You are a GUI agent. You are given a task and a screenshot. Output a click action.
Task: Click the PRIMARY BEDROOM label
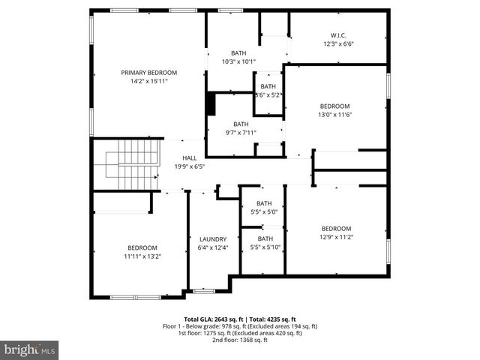(x=149, y=73)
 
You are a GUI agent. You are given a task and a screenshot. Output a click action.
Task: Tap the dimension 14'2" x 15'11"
(x=149, y=81)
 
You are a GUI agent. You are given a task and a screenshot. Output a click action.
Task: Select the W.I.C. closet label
(x=337, y=35)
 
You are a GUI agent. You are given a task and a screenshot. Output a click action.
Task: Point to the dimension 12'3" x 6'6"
(x=337, y=43)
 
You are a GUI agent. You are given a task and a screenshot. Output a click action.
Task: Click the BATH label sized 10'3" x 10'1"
(x=238, y=52)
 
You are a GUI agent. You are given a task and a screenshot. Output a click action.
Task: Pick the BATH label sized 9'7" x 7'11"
(x=240, y=124)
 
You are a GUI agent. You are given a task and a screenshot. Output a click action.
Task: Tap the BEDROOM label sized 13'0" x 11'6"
(x=334, y=106)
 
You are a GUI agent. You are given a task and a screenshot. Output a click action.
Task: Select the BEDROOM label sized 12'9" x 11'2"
(x=336, y=229)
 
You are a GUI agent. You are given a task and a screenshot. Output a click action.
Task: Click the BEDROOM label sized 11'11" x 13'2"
(x=142, y=247)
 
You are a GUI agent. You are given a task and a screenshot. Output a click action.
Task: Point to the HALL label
(x=190, y=157)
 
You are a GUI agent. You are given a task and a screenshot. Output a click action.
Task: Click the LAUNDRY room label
(x=212, y=239)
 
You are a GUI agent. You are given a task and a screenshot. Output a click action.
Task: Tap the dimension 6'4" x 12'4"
(x=212, y=247)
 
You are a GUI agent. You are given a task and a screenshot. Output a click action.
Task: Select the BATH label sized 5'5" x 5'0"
(x=264, y=203)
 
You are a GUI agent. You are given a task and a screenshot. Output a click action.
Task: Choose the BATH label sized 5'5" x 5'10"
(x=264, y=239)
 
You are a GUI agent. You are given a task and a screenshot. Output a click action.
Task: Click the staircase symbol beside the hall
(x=130, y=165)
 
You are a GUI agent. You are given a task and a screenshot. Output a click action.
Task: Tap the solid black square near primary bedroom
(x=211, y=103)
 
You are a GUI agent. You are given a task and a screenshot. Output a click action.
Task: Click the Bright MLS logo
(x=30, y=349)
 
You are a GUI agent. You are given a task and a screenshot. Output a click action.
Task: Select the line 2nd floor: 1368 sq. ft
(x=240, y=340)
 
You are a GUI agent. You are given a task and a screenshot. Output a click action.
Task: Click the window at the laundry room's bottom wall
(x=202, y=291)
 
